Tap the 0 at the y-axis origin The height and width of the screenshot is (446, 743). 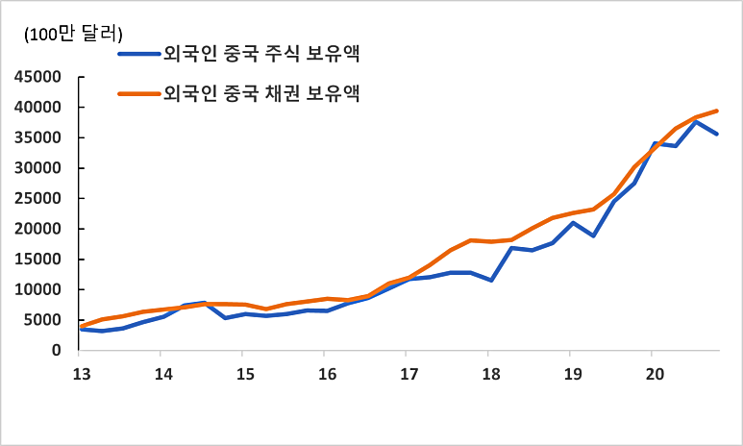58,351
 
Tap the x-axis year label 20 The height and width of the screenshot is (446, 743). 652,374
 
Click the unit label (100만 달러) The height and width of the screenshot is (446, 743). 63,35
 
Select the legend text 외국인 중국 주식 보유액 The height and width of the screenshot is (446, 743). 261,53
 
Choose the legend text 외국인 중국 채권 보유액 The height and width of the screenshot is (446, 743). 261,93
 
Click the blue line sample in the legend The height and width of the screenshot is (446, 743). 140,54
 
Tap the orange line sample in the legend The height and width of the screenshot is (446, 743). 140,94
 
